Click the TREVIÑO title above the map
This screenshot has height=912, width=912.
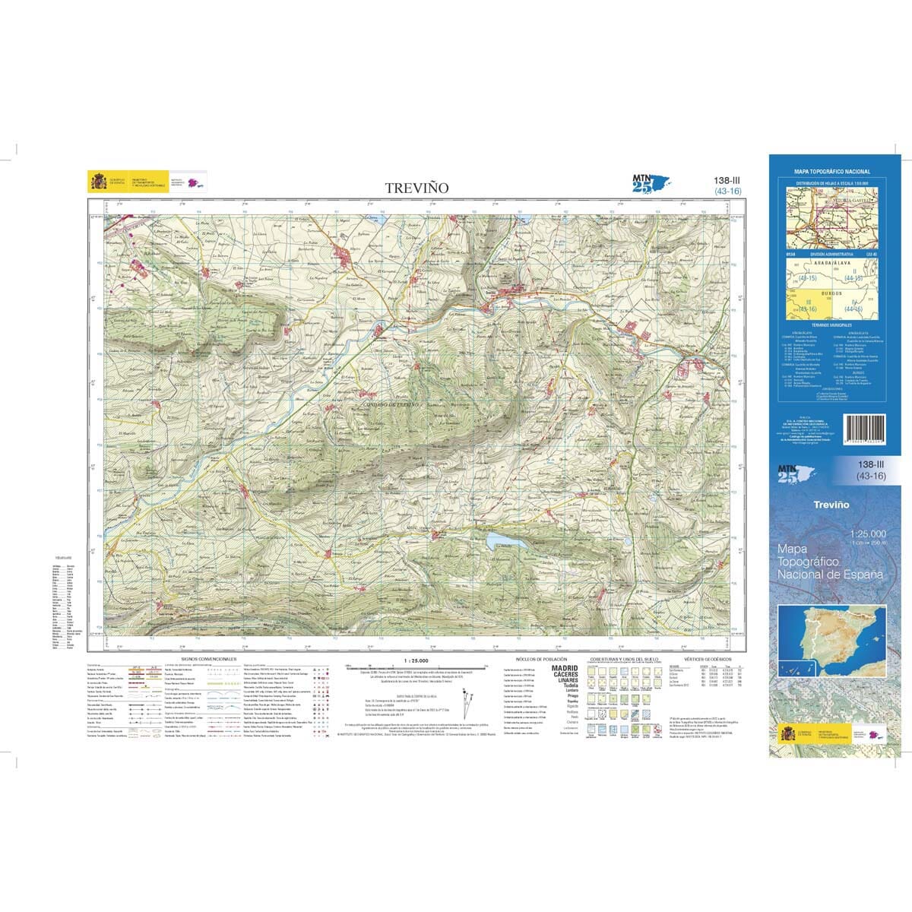tap(416, 187)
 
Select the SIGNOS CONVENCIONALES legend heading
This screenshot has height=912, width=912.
tap(209, 659)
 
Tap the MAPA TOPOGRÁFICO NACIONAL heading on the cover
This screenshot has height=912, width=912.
tap(832, 173)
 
